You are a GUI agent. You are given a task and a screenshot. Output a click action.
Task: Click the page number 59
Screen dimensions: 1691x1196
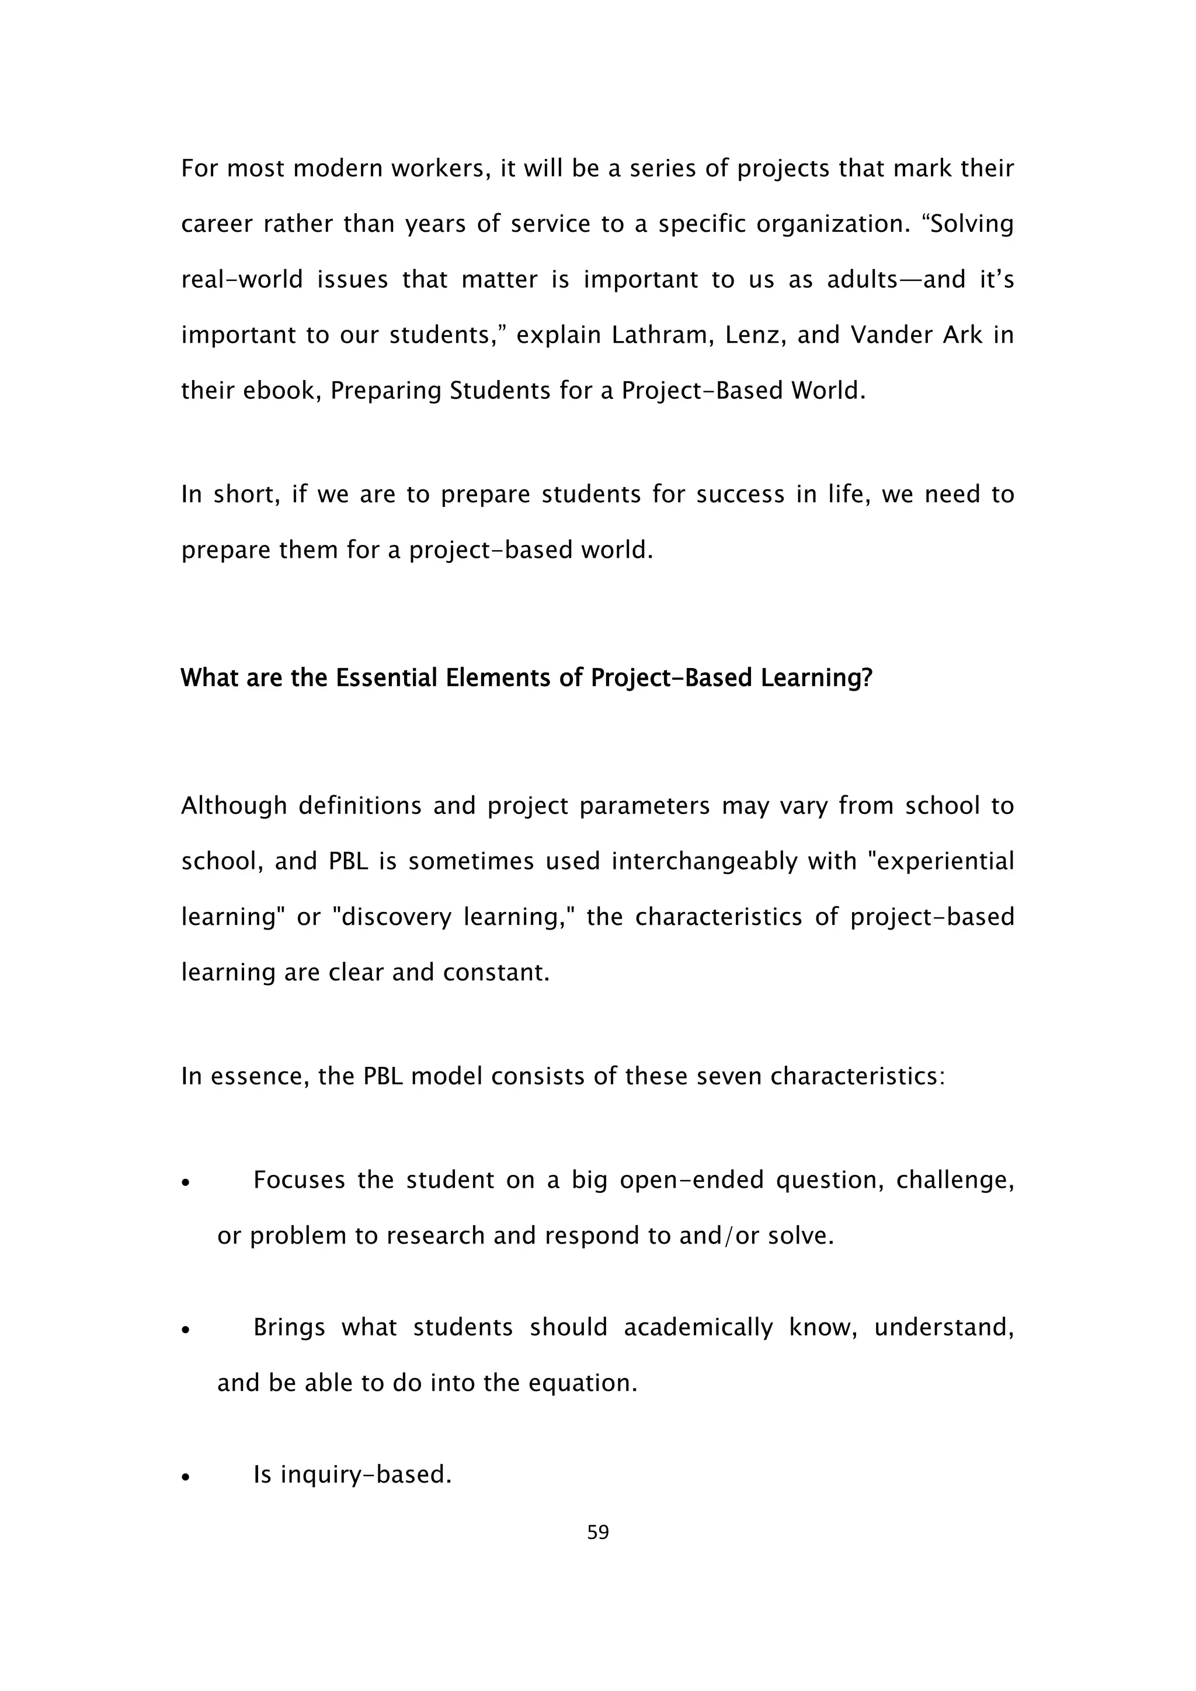point(598,1533)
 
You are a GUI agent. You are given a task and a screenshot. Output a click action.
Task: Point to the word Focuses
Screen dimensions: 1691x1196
point(299,1181)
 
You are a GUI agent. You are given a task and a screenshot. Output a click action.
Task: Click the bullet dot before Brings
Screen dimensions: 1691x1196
point(186,1331)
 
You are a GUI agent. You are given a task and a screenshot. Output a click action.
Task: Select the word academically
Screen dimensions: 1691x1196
point(698,1327)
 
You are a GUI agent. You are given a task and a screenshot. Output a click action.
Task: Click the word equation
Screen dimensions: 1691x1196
point(593,1383)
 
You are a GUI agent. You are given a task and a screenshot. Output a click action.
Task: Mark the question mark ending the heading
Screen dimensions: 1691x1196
point(866,677)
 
